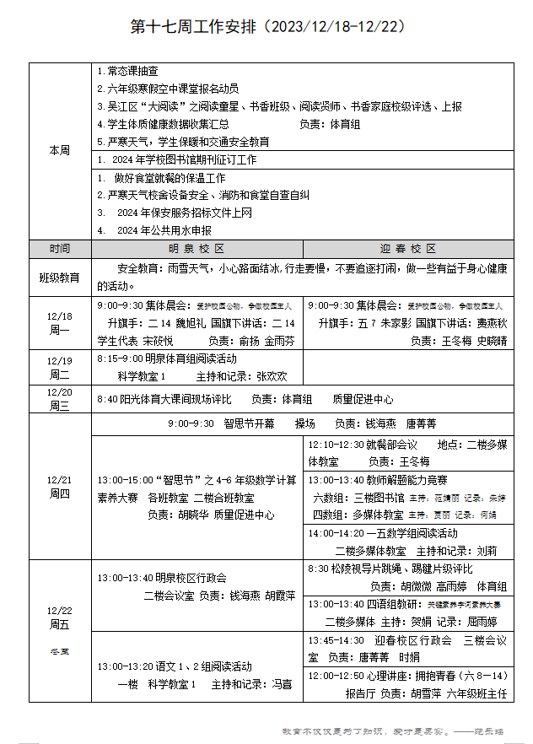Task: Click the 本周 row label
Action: point(59,150)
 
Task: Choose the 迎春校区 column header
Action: point(407,249)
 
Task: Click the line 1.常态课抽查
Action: point(127,72)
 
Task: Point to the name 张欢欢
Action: point(272,376)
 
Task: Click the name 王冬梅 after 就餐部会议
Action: point(414,461)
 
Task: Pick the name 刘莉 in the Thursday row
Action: point(487,550)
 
